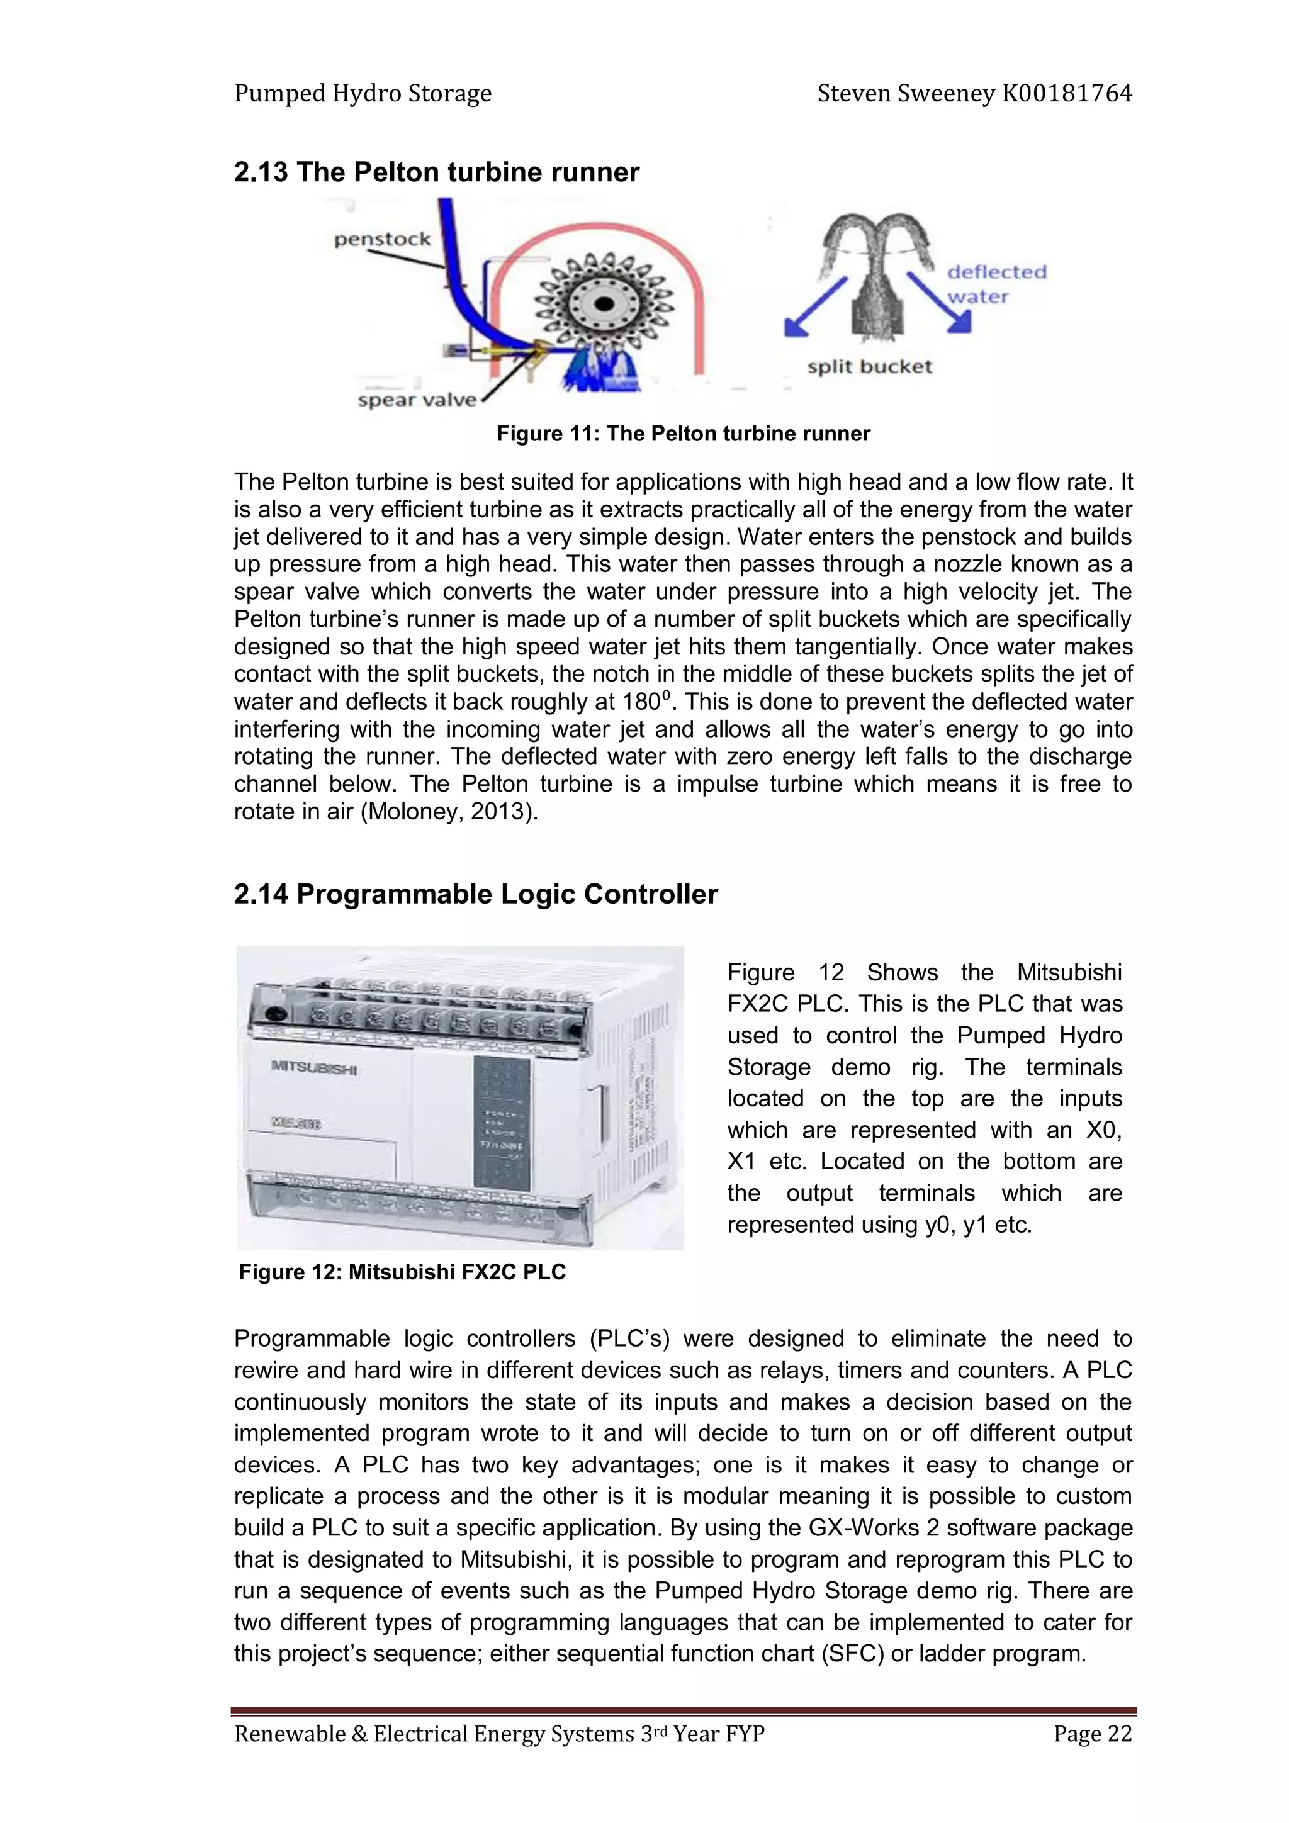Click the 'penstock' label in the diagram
(382, 239)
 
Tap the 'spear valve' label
(416, 400)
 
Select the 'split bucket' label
(869, 367)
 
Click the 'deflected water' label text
(996, 283)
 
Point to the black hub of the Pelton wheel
(604, 304)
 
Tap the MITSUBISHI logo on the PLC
(315, 1068)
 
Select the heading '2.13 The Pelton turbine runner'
(436, 172)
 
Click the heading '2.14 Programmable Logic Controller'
(475, 894)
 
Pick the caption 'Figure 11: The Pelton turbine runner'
(683, 434)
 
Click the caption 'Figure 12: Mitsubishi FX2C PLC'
(402, 1272)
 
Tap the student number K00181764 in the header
(1067, 94)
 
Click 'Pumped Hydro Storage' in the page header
(363, 94)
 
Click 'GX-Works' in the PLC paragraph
(864, 1528)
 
